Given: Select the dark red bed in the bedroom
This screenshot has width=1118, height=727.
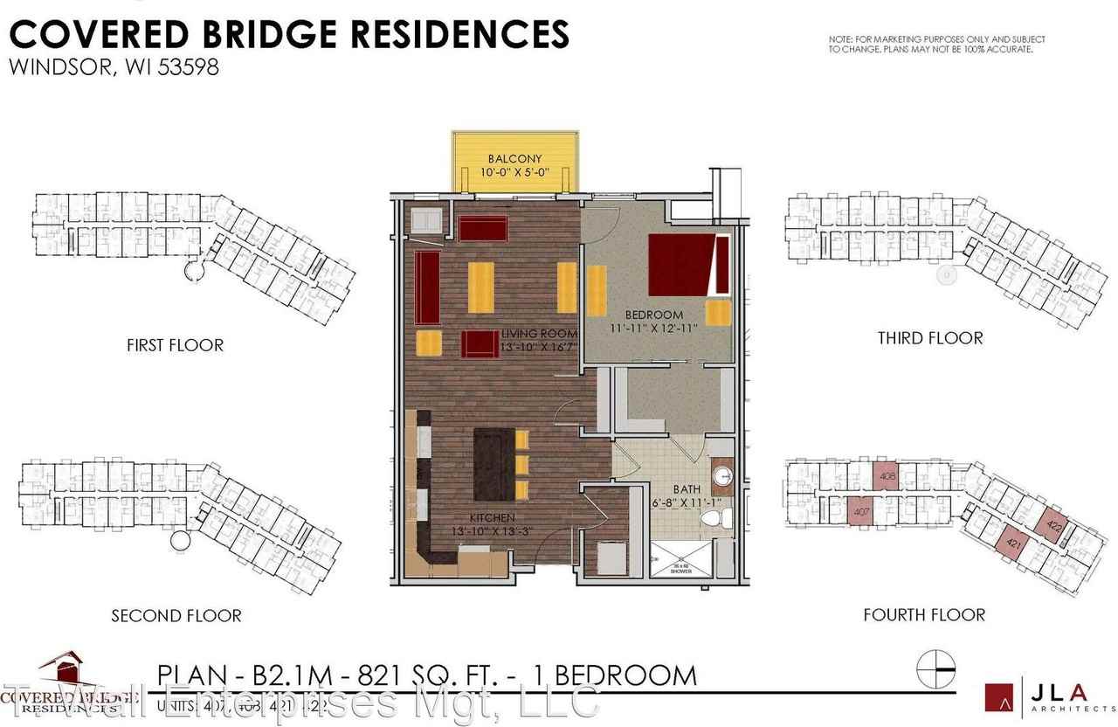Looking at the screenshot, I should (x=681, y=267).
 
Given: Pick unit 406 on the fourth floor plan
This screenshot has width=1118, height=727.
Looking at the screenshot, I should (x=888, y=477).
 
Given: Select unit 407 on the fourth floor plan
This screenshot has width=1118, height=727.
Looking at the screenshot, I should (x=860, y=512).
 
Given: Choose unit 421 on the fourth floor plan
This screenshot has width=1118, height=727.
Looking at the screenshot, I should (x=1015, y=544).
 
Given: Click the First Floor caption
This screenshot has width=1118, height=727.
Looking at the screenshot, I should (x=175, y=345).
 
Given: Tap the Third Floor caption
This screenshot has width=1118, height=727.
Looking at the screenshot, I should (x=930, y=338).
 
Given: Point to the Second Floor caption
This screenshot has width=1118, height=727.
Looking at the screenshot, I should (x=176, y=616).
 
